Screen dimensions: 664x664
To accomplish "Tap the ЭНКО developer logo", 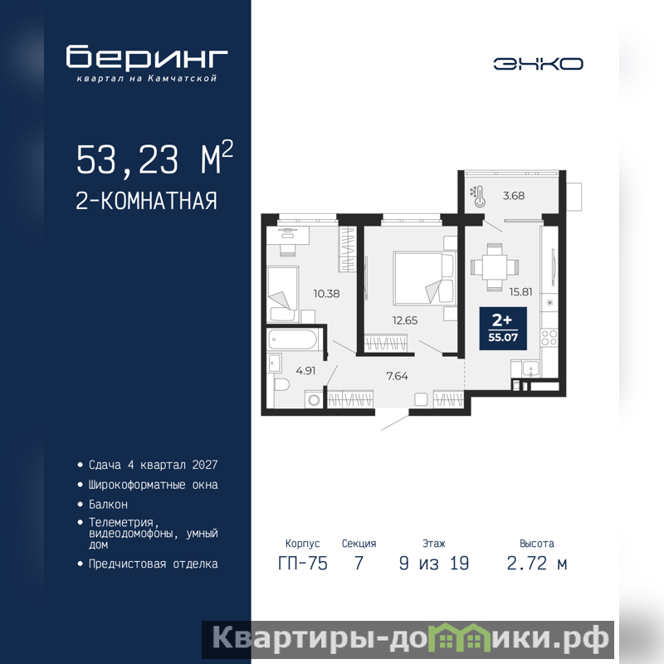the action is coord(538,64).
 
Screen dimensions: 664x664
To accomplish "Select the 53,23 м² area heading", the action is coord(154,158).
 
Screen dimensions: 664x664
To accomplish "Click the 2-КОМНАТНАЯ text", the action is coord(147,201).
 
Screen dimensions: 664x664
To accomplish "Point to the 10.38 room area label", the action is coord(326,294).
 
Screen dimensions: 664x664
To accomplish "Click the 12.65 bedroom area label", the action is coord(405,320).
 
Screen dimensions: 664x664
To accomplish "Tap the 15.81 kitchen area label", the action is coord(521,292).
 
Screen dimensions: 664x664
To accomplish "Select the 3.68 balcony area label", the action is coord(514,196).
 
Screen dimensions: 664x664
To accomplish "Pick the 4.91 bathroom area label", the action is coord(305,370).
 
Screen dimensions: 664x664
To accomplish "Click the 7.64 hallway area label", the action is coord(398,376).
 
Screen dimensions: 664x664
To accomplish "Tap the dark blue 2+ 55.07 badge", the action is coord(503,329).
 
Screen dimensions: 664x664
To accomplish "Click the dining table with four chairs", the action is coord(495,267).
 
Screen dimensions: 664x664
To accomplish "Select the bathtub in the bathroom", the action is coord(292,339).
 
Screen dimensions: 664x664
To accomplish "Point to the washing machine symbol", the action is coord(315,400).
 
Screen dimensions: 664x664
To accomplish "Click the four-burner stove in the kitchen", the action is coord(549,338).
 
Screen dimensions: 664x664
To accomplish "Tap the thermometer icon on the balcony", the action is coord(478,197).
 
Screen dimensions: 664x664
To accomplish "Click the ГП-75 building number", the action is coord(303,564).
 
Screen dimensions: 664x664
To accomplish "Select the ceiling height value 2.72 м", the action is coord(537,564).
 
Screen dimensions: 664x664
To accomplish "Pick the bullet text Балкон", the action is coord(108,505).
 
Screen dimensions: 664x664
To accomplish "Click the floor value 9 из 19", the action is coord(434,564).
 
